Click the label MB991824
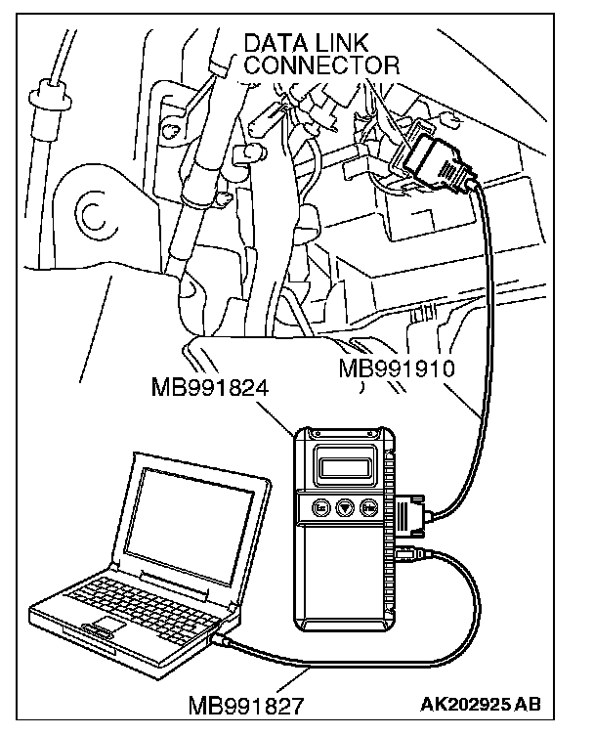209,390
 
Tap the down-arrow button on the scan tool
343,507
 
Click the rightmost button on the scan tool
368,507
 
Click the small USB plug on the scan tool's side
410,556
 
